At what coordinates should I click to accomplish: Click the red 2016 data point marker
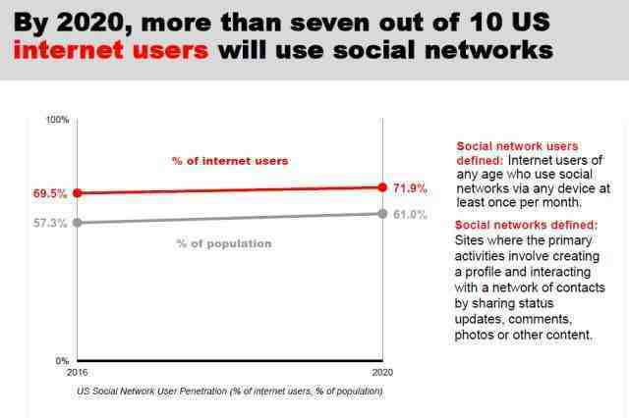pos(78,193)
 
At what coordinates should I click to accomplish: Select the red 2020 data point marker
pos(382,187)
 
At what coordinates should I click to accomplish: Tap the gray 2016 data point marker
pos(78,223)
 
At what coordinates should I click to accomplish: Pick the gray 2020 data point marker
pos(382,214)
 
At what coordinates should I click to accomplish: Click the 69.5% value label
pos(50,193)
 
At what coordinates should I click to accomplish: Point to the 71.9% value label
pos(410,188)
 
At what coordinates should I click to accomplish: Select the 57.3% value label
pos(50,223)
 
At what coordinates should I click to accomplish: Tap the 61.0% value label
pos(410,215)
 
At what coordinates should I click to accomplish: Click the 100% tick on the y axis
pos(58,120)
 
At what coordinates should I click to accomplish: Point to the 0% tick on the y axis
pos(62,361)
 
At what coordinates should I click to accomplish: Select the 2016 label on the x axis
pos(77,372)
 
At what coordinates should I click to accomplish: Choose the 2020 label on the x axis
pos(382,372)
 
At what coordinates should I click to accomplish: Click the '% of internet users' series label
pos(230,161)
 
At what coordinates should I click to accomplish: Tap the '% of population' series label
pos(224,243)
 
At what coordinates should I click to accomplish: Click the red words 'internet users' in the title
pos(111,50)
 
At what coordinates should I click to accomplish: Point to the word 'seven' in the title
pos(329,23)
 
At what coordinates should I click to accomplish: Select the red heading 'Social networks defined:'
pos(527,225)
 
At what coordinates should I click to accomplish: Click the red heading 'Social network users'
pos(518,146)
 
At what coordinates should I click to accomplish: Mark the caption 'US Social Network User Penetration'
pos(151,391)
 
